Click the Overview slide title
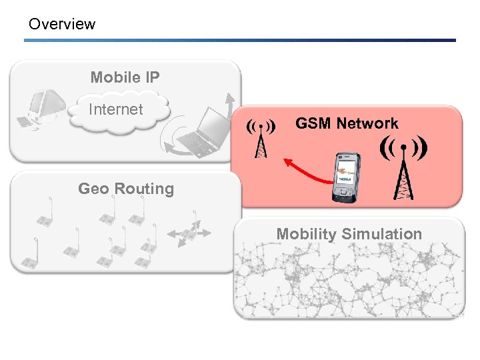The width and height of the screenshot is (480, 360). pos(62,25)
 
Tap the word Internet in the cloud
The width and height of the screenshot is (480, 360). pos(116,109)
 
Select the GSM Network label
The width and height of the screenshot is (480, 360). pos(347,123)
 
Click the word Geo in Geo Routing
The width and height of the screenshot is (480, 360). pos(93,189)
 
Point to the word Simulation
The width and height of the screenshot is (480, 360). pos(381,234)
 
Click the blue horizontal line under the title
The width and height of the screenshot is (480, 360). pos(240,40)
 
